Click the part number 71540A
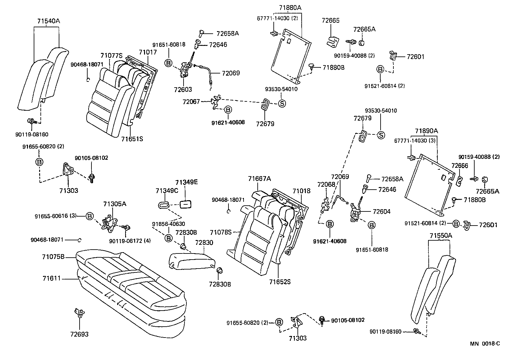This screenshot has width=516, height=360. click(48, 21)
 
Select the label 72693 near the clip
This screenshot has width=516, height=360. click(79, 334)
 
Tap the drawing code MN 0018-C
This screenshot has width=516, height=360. click(485, 344)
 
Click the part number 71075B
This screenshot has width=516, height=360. click(53, 257)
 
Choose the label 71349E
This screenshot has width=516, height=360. click(186, 182)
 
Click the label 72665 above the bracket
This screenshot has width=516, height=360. click(331, 21)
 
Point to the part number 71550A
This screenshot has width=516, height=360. click(440, 236)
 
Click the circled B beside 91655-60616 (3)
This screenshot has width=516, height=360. click(89, 216)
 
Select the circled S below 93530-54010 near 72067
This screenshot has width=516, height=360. click(281, 104)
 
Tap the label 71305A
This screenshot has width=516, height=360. click(115, 204)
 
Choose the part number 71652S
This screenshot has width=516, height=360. click(280, 282)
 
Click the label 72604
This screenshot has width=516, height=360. click(382, 211)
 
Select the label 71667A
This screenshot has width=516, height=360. click(259, 178)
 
